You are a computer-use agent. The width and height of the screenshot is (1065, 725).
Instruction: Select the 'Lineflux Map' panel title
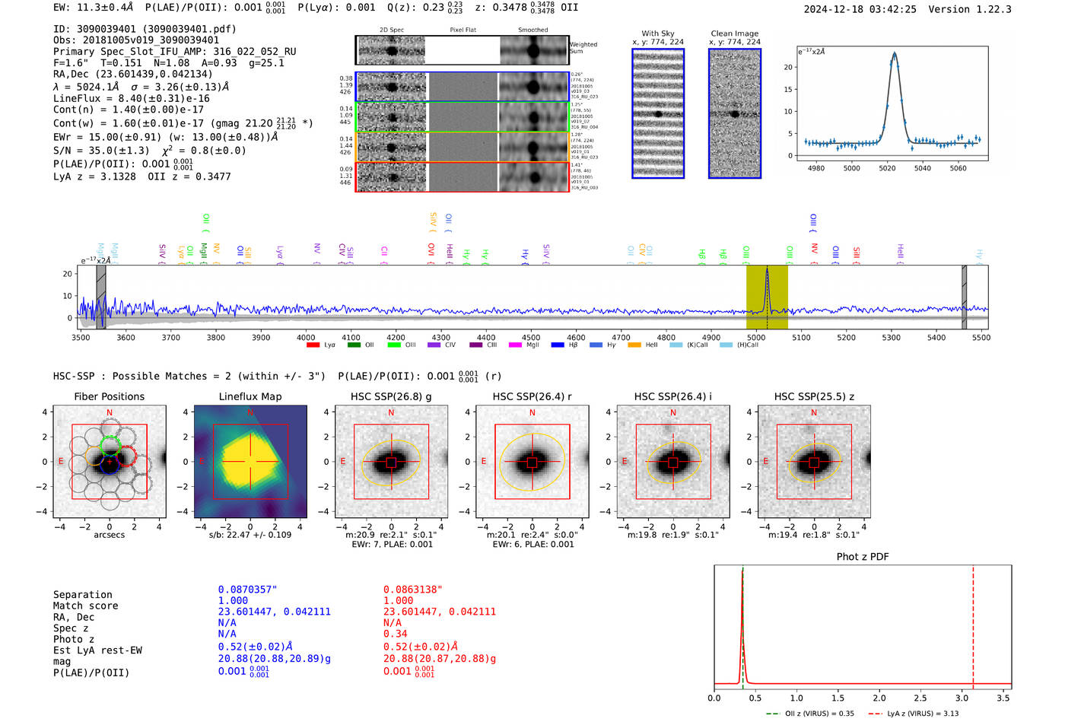click(x=250, y=396)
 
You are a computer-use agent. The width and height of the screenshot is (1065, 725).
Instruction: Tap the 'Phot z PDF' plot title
click(x=863, y=556)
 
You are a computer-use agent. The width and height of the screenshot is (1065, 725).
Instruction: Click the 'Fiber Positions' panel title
click(x=109, y=396)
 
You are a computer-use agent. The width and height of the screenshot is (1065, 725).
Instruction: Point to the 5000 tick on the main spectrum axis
click(x=756, y=337)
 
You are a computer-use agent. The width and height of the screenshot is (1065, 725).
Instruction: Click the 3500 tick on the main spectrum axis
click(x=81, y=337)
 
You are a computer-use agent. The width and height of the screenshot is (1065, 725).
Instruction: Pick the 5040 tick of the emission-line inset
click(x=923, y=168)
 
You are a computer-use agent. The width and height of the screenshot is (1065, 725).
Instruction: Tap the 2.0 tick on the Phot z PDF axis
click(x=879, y=698)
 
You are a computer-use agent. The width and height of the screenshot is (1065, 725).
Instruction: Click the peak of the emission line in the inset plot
click(x=895, y=53)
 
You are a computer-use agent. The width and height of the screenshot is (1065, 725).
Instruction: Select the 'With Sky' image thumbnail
click(x=658, y=113)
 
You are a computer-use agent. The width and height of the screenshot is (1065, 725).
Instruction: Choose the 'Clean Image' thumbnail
click(x=735, y=113)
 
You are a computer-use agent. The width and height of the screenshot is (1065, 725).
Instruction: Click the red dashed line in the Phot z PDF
click(x=973, y=624)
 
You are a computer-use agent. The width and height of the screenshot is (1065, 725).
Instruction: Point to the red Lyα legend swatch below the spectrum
click(x=313, y=345)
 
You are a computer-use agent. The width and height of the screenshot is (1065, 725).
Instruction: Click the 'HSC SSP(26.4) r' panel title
click(x=532, y=396)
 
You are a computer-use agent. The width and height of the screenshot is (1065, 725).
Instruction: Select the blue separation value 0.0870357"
click(x=247, y=590)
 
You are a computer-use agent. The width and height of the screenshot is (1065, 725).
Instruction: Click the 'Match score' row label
click(x=85, y=606)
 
